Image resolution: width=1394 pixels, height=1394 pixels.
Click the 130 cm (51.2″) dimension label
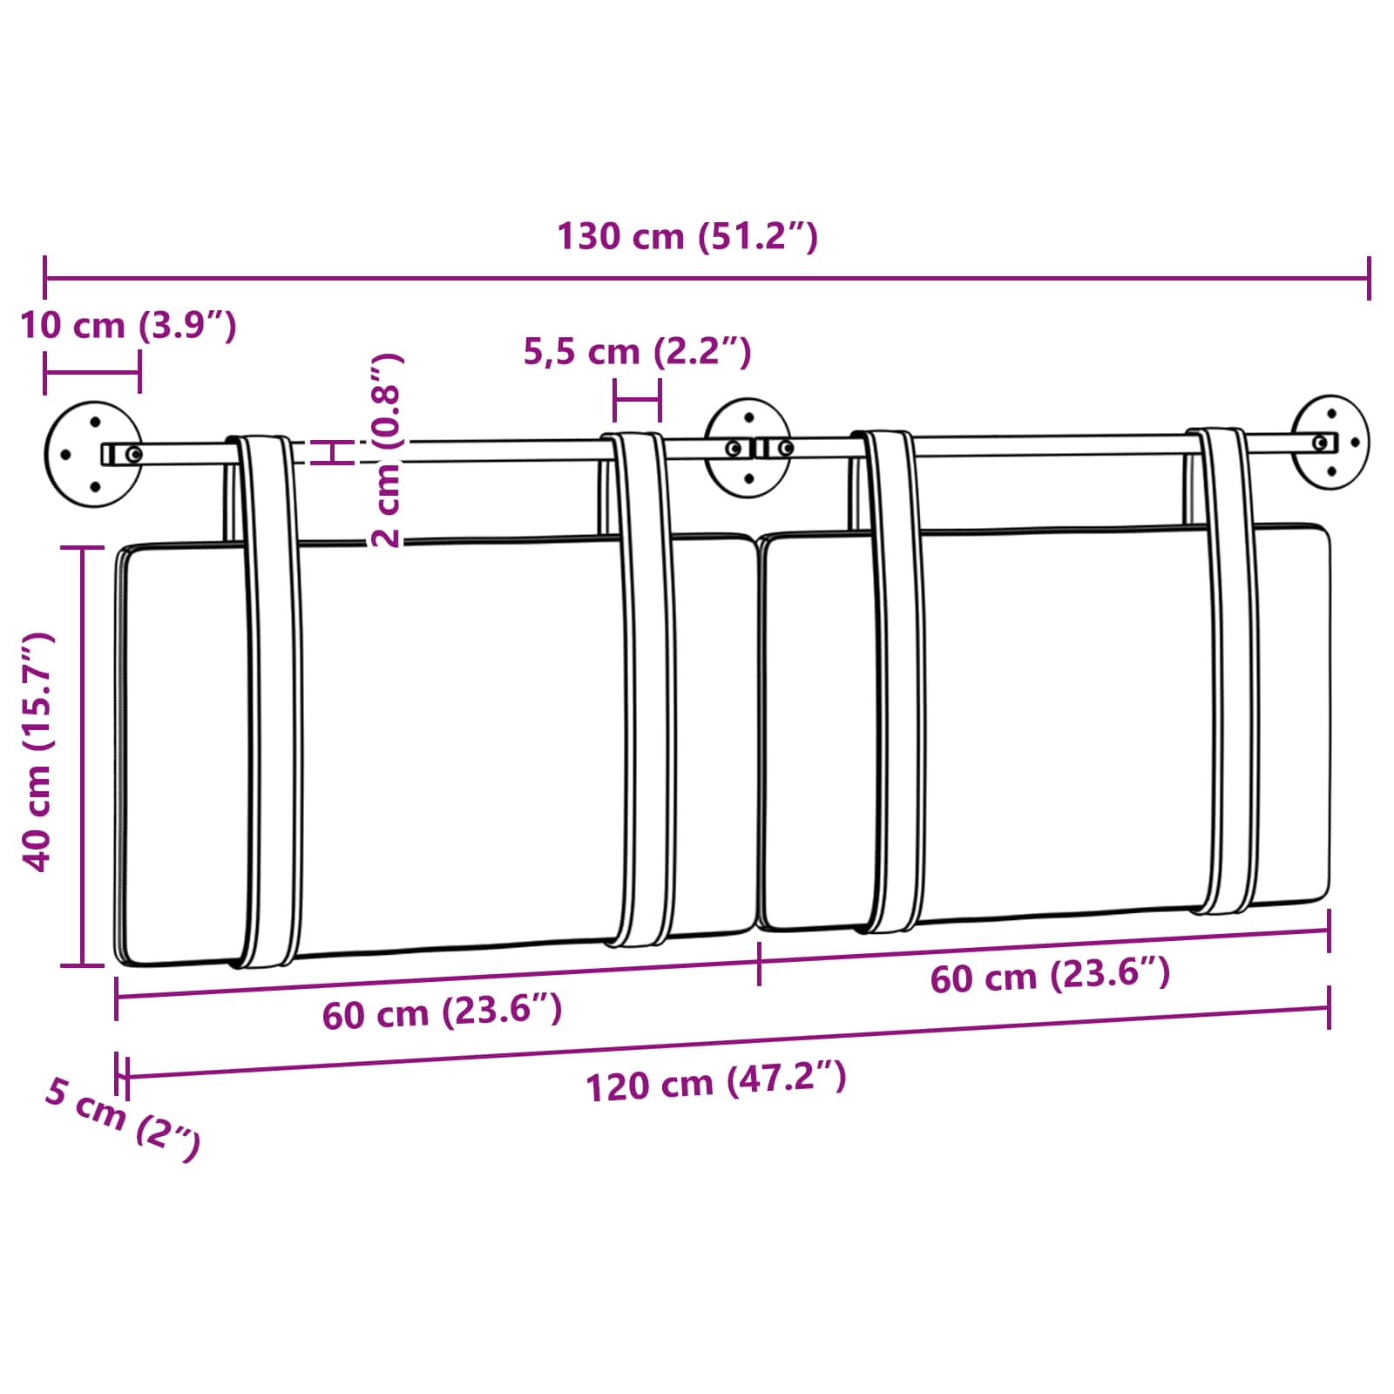(x=687, y=236)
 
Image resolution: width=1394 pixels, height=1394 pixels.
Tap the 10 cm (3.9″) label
(x=128, y=325)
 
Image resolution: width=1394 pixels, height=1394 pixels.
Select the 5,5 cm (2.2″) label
(x=637, y=351)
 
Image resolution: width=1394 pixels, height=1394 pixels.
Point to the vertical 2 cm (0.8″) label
(x=386, y=450)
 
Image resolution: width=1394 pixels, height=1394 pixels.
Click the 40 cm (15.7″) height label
(x=37, y=751)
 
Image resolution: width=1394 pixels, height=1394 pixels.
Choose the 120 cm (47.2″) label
(x=715, y=1082)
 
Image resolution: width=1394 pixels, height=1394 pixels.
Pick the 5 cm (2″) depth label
(x=123, y=1118)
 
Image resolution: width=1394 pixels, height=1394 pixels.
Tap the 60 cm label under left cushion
(x=442, y=1012)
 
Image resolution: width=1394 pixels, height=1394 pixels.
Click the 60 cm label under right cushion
(x=1049, y=975)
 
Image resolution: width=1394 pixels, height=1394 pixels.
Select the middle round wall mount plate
(x=748, y=448)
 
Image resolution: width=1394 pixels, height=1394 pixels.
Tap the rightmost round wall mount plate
(x=1330, y=442)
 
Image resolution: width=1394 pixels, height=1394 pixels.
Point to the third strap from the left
(x=893, y=680)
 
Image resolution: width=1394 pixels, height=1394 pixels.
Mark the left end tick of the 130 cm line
(x=44, y=278)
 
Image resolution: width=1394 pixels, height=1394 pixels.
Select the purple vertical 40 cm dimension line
(x=83, y=755)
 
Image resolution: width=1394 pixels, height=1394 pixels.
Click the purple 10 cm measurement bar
(x=92, y=373)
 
